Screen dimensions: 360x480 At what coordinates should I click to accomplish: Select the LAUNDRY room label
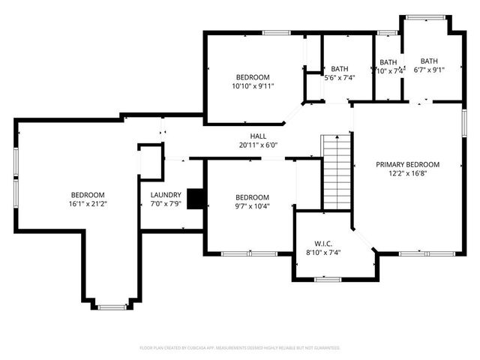[x=166, y=194]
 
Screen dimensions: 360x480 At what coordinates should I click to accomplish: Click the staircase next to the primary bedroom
[x=337, y=172]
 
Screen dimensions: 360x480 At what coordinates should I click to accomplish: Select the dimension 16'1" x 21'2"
[x=88, y=203]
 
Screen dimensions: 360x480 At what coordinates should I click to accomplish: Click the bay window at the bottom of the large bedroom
[x=112, y=306]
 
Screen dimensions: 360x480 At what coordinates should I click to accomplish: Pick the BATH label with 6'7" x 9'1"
[x=429, y=61]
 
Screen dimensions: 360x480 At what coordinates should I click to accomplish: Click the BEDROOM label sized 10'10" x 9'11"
[x=253, y=77]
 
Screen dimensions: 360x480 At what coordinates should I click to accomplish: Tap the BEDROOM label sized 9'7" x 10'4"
[x=252, y=197]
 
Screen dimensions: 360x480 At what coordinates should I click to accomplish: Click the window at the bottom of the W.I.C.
[x=327, y=280]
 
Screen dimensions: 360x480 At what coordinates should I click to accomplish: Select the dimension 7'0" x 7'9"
[x=166, y=203]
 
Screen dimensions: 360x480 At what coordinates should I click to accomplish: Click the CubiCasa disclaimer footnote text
[x=240, y=348]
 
